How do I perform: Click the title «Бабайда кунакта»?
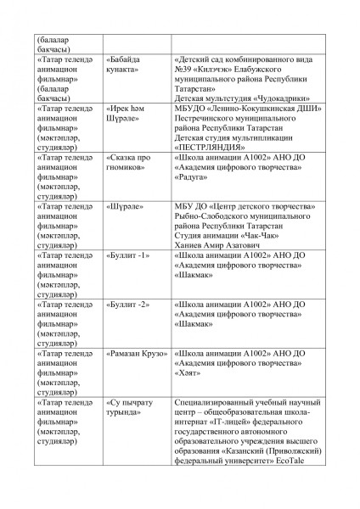tap(124, 65)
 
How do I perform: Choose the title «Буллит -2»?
tap(128, 303)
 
